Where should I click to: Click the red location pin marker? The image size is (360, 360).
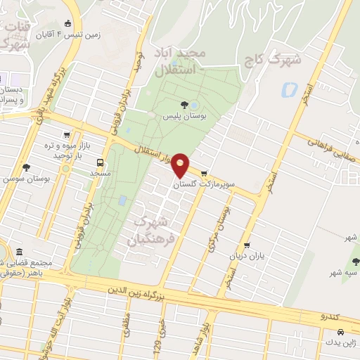tap(181, 164)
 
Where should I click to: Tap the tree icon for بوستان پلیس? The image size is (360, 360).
tap(184, 105)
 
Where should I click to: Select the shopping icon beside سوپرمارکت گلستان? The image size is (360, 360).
tap(204, 173)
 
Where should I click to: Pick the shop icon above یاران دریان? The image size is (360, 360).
tap(246, 245)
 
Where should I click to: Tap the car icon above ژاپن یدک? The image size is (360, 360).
tap(341, 331)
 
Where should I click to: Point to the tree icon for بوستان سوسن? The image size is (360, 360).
tap(27, 167)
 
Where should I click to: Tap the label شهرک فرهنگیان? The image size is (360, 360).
tap(149, 231)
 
